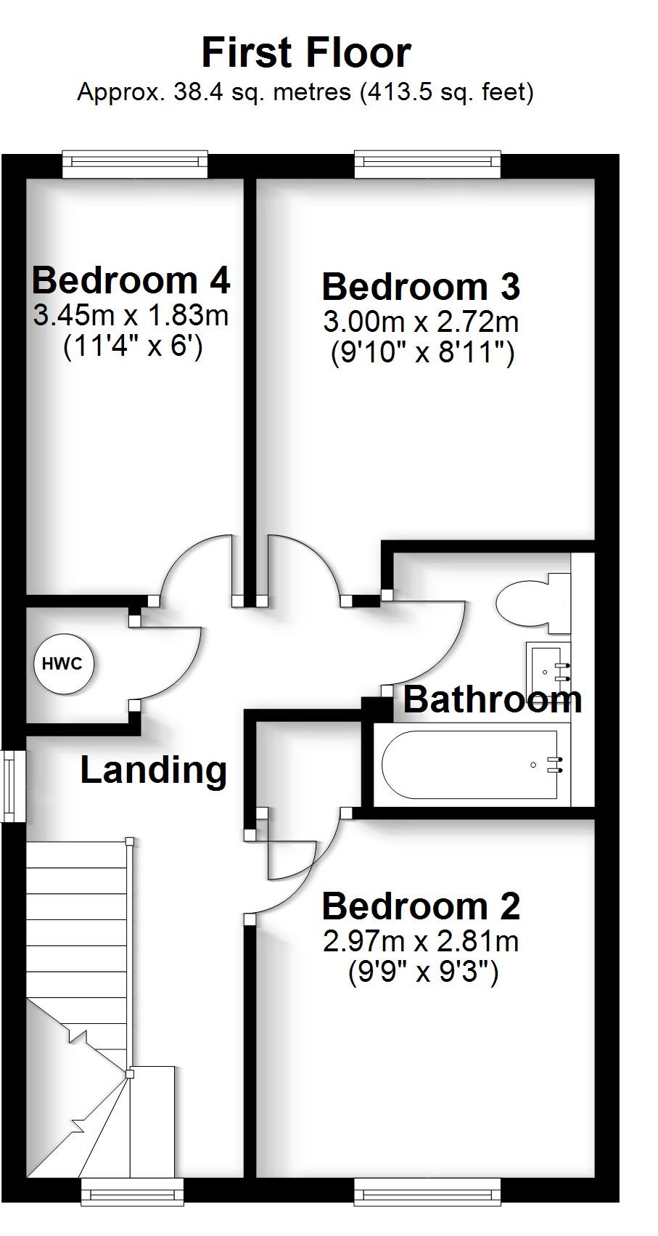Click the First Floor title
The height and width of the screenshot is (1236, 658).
(306, 53)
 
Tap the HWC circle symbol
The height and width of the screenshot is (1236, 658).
(64, 664)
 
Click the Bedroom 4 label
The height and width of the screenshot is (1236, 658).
(131, 280)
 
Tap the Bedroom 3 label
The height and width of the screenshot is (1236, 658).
(421, 287)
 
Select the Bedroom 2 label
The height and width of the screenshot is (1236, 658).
(421, 906)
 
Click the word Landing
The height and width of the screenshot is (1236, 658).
(153, 771)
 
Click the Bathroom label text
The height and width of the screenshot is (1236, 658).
(492, 699)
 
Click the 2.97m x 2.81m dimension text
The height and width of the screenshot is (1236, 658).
(421, 942)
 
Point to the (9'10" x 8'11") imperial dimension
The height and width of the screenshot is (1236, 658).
(422, 354)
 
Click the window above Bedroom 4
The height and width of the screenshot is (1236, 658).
(135, 164)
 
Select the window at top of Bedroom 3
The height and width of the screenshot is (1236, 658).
(427, 164)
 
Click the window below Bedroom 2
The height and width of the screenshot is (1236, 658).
(427, 1192)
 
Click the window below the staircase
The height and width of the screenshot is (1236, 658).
(132, 1192)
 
